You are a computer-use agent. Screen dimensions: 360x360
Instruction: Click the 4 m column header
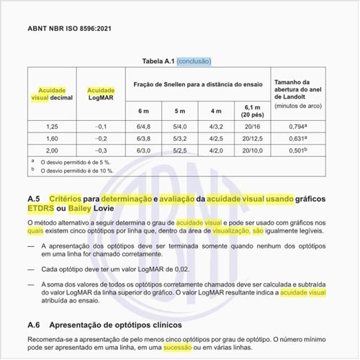[x=216, y=110]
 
